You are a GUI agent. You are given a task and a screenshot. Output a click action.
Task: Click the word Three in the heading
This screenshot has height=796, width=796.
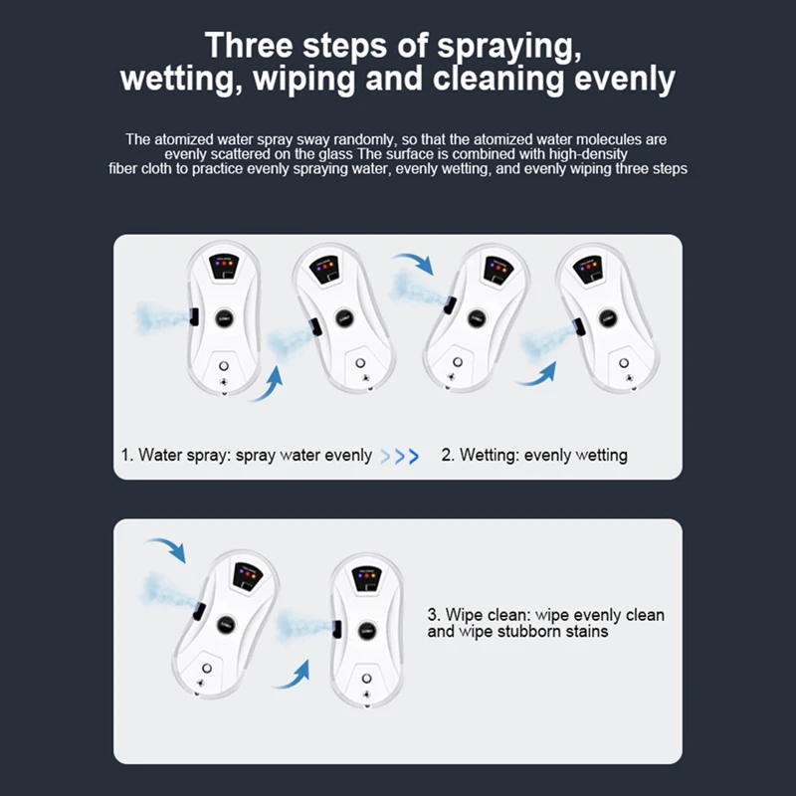click(249, 45)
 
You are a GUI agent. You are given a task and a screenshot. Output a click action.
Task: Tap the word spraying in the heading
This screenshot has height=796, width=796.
click(509, 47)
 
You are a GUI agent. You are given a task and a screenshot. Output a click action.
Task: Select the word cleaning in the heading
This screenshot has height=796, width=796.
click(498, 80)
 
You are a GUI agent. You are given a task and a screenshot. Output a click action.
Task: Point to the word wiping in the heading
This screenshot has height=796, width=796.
click(303, 80)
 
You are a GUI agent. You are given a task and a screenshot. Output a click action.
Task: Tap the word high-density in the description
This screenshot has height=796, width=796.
click(588, 154)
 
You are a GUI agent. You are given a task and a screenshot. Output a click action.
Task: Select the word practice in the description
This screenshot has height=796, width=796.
click(217, 169)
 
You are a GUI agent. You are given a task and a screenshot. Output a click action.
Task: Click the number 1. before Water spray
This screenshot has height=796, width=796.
click(127, 455)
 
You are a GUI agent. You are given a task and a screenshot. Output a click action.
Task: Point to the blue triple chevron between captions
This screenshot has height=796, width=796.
click(400, 457)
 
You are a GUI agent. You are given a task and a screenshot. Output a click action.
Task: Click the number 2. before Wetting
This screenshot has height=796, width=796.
click(448, 455)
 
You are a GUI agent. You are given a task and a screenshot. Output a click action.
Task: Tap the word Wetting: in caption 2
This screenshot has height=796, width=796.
click(490, 456)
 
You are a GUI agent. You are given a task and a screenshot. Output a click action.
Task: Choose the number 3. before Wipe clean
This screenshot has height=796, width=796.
click(434, 615)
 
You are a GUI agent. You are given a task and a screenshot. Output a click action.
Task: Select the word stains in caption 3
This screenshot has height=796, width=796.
click(592, 632)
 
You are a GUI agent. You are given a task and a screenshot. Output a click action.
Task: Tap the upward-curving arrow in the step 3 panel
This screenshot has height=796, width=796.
click(296, 677)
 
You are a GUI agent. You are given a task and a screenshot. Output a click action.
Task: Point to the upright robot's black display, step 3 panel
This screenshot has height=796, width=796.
click(366, 579)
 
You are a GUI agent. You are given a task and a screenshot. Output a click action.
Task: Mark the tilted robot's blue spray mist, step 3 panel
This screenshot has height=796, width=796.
click(167, 591)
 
